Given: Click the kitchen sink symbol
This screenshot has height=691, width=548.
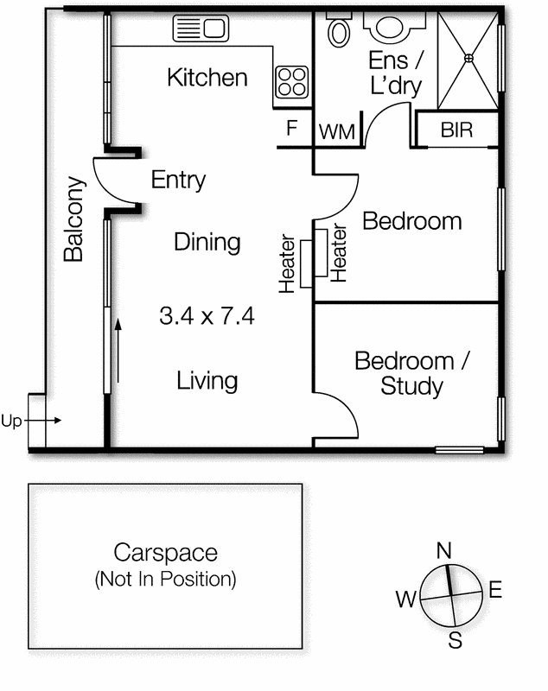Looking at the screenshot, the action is click(x=201, y=29).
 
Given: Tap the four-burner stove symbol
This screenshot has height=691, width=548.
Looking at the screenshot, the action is click(x=292, y=82).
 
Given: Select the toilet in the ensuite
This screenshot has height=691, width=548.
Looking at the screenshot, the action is click(x=339, y=29).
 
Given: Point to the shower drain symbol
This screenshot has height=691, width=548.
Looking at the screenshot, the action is click(x=468, y=58).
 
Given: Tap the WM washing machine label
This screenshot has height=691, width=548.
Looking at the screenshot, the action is click(x=337, y=132).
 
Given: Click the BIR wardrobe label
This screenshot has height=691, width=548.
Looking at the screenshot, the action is click(x=456, y=130).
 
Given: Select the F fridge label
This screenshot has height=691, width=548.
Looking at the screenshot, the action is click(x=292, y=128).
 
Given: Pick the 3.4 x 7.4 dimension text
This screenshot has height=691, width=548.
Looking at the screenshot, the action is click(x=207, y=316).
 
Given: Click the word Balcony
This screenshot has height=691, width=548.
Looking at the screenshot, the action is click(x=73, y=219).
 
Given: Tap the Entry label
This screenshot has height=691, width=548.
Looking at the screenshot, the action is click(x=178, y=180).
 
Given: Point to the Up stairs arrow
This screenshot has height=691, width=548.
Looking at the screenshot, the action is click(x=42, y=421).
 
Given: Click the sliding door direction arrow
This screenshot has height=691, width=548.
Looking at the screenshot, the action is click(x=118, y=351).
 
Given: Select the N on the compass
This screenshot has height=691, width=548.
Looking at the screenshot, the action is click(x=444, y=550).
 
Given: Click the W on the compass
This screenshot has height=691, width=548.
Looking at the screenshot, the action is click(x=405, y=599).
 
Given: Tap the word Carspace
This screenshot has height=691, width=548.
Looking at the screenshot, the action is click(x=166, y=553).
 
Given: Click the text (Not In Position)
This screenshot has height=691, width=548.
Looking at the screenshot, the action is click(x=165, y=579).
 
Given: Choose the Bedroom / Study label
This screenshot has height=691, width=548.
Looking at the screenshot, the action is click(x=412, y=374).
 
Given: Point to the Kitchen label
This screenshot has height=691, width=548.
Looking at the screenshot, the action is click(x=207, y=78).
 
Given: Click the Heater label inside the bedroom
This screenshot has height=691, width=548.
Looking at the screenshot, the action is click(x=339, y=253).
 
